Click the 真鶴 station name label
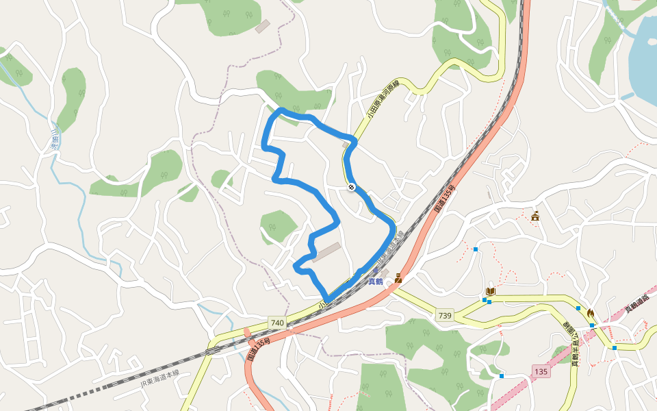click(x=376, y=281)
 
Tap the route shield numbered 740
click(x=276, y=323)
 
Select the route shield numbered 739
click(x=444, y=314)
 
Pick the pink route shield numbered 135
click(x=541, y=371)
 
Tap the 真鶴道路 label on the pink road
click(x=636, y=301)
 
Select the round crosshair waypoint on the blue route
click(x=351, y=186)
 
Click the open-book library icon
click(x=490, y=292)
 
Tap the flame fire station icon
click(x=590, y=314)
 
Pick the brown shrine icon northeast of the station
click(x=534, y=216)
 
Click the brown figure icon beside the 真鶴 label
click(x=398, y=278)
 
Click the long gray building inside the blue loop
click(x=326, y=252)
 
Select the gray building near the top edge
click(x=262, y=26)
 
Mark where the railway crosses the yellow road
click(x=323, y=301)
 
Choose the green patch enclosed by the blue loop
click(x=278, y=225)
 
